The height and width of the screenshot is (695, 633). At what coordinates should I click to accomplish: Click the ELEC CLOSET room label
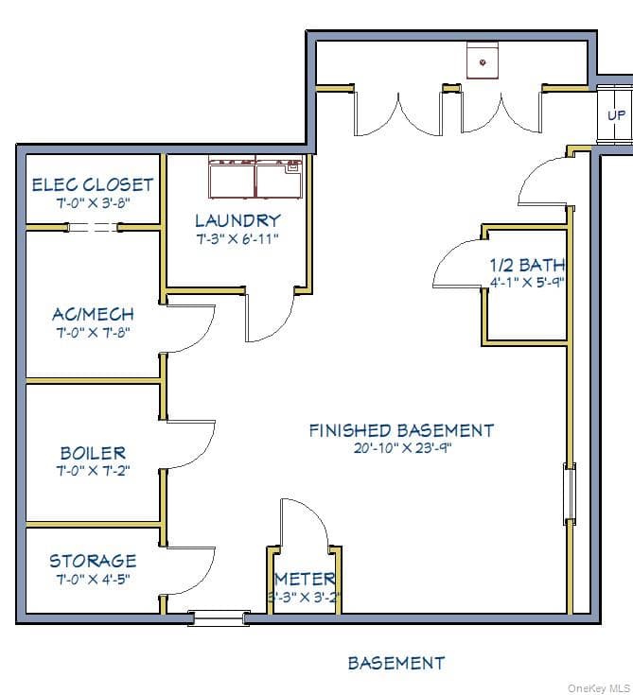pyautogui.click(x=93, y=184)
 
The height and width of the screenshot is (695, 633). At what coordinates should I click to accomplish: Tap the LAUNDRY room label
pyautogui.click(x=237, y=220)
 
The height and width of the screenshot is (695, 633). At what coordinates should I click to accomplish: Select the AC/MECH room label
pyautogui.click(x=93, y=314)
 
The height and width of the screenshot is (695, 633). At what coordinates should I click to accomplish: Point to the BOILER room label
pyautogui.click(x=93, y=453)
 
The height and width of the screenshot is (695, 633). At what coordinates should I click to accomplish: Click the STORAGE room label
pyautogui.click(x=93, y=561)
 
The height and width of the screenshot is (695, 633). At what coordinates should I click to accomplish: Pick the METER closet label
pyautogui.click(x=306, y=579)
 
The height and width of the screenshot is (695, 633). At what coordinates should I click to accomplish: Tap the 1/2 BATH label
pyautogui.click(x=527, y=265)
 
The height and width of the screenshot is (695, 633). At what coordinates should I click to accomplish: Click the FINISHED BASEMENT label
pyautogui.click(x=402, y=430)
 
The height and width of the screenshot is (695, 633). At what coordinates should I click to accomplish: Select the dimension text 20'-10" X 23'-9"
pyautogui.click(x=402, y=447)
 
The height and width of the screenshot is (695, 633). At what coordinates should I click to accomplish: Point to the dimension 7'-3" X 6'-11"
pyautogui.click(x=237, y=239)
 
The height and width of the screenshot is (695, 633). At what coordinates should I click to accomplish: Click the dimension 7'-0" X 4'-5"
pyautogui.click(x=93, y=579)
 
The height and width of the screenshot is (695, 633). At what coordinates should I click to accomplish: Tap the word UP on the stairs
pyautogui.click(x=617, y=115)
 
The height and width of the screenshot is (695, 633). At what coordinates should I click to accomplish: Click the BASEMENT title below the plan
pyautogui.click(x=396, y=663)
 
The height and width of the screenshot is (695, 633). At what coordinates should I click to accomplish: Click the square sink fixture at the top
pyautogui.click(x=483, y=61)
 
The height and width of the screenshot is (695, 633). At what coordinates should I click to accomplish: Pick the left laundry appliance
pyautogui.click(x=232, y=177)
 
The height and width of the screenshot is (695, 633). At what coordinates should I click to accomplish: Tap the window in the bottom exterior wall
pyautogui.click(x=219, y=617)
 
